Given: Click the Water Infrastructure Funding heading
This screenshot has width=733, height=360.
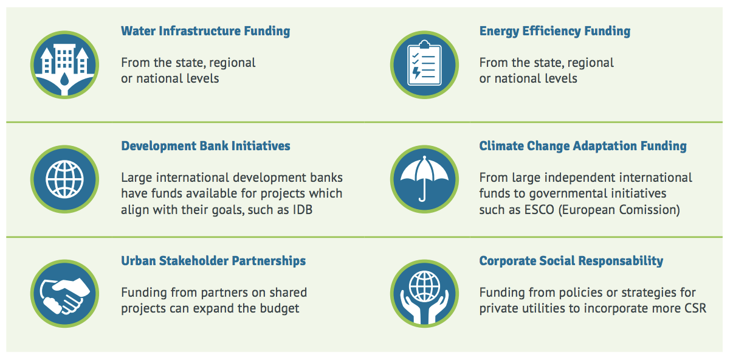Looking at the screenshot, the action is tap(205, 31).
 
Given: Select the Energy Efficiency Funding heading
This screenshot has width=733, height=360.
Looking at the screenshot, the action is tap(555, 32).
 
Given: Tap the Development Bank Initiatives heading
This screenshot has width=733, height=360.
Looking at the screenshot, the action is tap(205, 146).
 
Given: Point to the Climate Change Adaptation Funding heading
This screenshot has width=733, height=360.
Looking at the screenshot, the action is tap(583, 147).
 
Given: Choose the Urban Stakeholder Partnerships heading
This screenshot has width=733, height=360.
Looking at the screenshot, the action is tap(213, 261).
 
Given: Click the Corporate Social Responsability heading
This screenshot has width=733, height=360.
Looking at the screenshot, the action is tap(571, 261).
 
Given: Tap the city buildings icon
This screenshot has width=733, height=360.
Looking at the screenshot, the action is tap(65, 65).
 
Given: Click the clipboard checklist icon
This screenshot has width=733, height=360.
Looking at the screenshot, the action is tap(424, 65).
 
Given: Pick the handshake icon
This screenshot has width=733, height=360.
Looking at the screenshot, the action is tap(65, 294).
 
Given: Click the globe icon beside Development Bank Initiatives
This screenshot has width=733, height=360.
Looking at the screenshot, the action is tap(65, 179).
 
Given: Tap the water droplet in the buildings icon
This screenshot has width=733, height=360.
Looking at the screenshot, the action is tap(65, 79).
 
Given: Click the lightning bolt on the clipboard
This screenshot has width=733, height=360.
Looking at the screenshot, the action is tap(416, 72).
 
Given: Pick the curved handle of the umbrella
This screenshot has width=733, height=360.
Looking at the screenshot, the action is tap(422, 196).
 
